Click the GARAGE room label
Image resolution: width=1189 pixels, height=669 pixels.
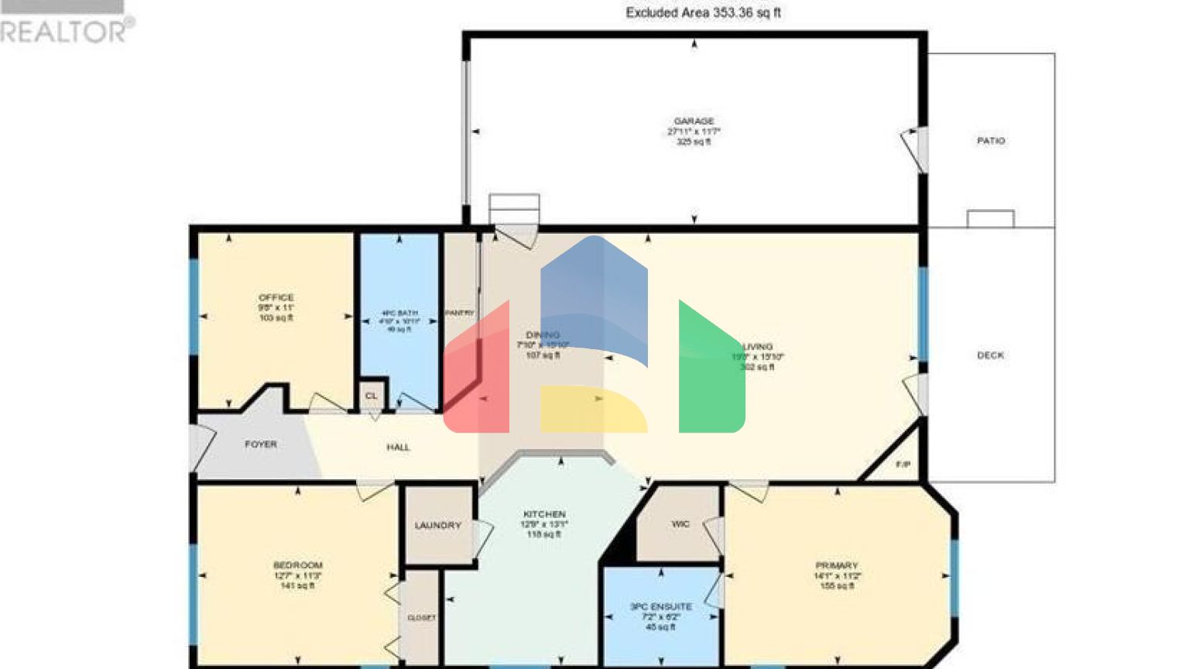[694, 122]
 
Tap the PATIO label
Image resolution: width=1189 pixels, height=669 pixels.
[991, 141]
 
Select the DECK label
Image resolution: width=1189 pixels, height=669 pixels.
[990, 355]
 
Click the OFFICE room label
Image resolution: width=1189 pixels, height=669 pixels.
[276, 298]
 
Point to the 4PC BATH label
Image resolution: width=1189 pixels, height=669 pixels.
[399, 314]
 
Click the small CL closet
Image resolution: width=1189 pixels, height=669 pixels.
[372, 396]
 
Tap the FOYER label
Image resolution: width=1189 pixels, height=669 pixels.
[261, 444]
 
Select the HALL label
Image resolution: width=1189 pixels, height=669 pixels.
[398, 448]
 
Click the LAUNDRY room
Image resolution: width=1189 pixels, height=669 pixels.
[438, 526]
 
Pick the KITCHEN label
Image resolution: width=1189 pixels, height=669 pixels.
[544, 514]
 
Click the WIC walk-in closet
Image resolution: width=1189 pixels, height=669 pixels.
[680, 524]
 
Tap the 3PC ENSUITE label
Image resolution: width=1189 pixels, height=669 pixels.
[661, 607]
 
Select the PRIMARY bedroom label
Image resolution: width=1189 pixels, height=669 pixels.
[837, 566]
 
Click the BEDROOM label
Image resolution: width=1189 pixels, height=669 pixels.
[298, 565]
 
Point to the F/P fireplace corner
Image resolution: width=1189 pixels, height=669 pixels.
[903, 465]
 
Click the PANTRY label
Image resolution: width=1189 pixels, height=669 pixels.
[459, 313]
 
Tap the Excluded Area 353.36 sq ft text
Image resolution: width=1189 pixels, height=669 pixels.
[703, 13]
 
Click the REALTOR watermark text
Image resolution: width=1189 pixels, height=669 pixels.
[66, 31]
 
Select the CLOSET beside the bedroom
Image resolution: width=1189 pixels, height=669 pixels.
[421, 618]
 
